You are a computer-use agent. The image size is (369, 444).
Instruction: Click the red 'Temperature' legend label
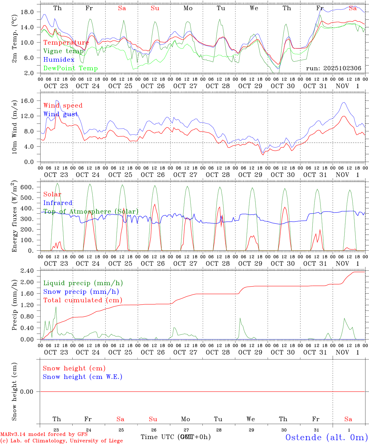(66, 43)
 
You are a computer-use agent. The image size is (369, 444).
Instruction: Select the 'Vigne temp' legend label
(63, 51)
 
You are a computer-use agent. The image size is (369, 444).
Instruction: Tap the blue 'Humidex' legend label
(59, 60)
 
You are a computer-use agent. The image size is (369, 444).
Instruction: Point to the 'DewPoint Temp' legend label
(70, 68)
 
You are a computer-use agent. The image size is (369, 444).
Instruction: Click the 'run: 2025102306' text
(333, 68)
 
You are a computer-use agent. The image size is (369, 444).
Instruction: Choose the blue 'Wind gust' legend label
(61, 114)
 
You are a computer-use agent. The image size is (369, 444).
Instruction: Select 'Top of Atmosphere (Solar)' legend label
(91, 212)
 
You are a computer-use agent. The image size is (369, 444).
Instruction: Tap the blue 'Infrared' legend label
(58, 203)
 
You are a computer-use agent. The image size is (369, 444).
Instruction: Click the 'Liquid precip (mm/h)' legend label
(83, 283)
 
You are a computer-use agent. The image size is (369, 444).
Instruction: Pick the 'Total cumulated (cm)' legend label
(83, 300)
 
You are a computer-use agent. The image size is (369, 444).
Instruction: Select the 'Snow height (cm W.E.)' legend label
(82, 377)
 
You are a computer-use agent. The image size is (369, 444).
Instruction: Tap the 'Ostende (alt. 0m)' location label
(327, 437)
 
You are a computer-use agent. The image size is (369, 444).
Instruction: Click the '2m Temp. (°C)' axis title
(15, 39)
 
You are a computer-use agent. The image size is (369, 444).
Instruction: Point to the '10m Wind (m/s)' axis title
(15, 127)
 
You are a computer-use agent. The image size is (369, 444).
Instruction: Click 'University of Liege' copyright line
(61, 441)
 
